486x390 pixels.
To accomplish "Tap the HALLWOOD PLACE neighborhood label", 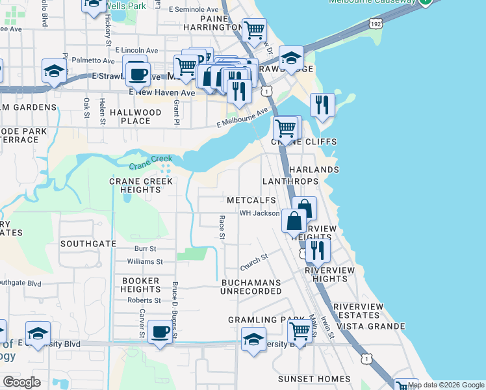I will pyautogui.click(x=135, y=116).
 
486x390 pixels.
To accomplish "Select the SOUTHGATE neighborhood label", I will pyautogui.click(x=88, y=244).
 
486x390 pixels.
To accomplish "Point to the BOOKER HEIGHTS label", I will pyautogui.click(x=141, y=285).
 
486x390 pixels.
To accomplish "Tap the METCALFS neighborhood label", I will pyautogui.click(x=251, y=200).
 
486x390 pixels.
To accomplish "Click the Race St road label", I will pyautogui.click(x=222, y=227).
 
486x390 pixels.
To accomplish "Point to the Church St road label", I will pyautogui.click(x=254, y=263).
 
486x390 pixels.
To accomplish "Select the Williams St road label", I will pyautogui.click(x=145, y=261).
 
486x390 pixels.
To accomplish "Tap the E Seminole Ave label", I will pyautogui.click(x=194, y=10).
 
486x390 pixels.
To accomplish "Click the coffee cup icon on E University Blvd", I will pyautogui.click(x=160, y=332).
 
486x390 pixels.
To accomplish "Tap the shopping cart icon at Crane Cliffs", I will pyautogui.click(x=285, y=129).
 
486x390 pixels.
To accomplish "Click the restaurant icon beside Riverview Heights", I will pyautogui.click(x=317, y=250).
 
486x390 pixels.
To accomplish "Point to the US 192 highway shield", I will pyautogui.click(x=375, y=23).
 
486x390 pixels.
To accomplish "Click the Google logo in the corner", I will pyautogui.click(x=21, y=382).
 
